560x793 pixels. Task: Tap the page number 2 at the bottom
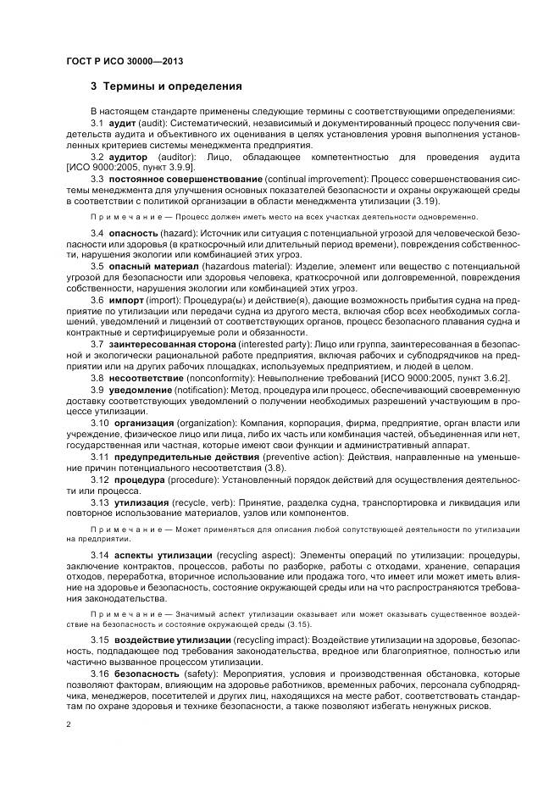click(68, 725)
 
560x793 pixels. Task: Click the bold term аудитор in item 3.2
click(129, 158)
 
